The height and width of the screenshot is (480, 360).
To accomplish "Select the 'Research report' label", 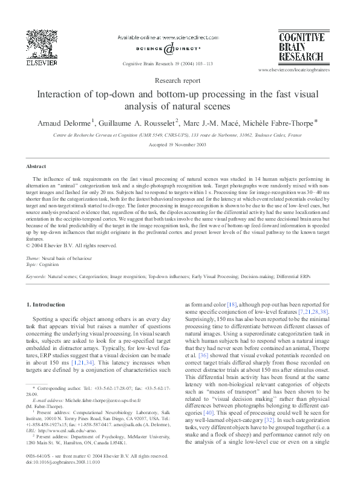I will pos(180,80).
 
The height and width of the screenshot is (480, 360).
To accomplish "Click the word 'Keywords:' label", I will pos(36,276).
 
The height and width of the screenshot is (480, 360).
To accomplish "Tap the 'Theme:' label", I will pos(34,258).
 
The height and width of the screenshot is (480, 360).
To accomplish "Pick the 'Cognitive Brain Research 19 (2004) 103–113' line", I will pos(166,63).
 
